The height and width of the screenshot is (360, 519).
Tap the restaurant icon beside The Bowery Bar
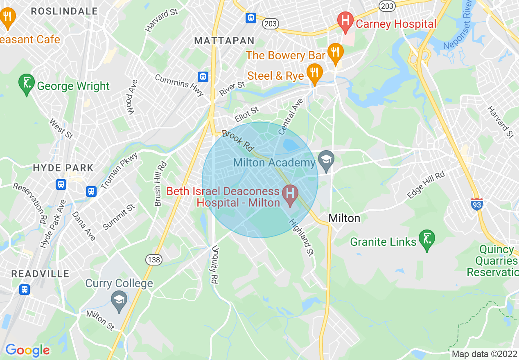[335, 52]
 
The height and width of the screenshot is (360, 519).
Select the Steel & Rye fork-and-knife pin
[314, 73]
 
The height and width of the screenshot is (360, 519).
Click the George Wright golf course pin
[27, 83]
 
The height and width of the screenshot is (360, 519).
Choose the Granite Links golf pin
[426, 239]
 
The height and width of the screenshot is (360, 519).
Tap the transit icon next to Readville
[25, 290]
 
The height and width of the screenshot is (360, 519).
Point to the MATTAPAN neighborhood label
[224, 41]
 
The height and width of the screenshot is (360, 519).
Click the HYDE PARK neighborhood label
[63, 168]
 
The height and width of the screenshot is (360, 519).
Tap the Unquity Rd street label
[214, 265]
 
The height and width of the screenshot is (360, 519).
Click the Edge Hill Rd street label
[426, 185]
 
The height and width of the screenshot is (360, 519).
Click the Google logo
[27, 350]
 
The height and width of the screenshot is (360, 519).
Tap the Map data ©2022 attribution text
[484, 354]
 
